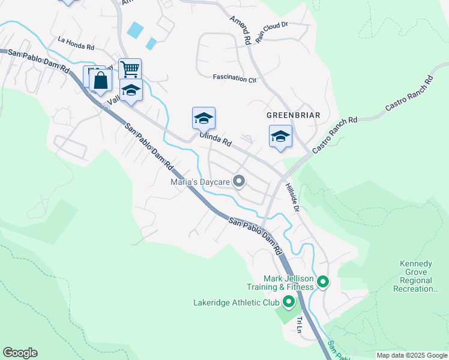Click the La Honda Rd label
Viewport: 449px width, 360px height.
click(x=76, y=43)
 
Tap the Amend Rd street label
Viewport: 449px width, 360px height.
click(x=240, y=29)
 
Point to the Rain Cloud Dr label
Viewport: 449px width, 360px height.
click(x=272, y=33)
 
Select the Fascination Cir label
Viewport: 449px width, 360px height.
click(x=235, y=78)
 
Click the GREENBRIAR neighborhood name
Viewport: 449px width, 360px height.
click(x=294, y=115)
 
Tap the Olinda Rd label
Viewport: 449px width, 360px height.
click(x=215, y=140)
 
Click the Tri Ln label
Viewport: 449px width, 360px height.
click(x=298, y=325)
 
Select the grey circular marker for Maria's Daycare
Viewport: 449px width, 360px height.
click(x=239, y=181)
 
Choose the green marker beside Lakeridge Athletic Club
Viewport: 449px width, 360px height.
click(x=289, y=302)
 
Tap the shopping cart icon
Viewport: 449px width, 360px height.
click(x=130, y=68)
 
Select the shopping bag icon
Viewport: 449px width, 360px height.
click(x=100, y=80)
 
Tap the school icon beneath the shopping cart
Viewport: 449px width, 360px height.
click(x=131, y=90)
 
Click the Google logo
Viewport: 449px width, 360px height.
click(x=20, y=353)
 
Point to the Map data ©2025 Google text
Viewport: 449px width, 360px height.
click(x=411, y=355)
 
